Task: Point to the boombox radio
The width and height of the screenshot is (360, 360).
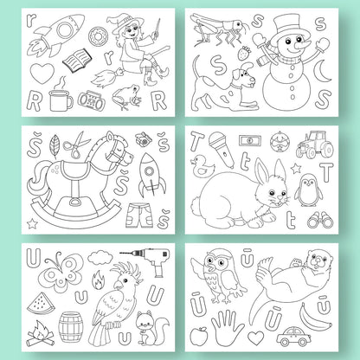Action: tap(91, 100)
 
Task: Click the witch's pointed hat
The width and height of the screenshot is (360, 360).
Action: tap(119, 22)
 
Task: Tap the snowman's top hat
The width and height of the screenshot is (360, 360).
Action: tap(287, 26)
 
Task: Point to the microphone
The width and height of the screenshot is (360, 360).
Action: tap(222, 149)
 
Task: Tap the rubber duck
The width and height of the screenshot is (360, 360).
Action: tap(203, 166)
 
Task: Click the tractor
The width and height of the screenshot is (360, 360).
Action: tap(315, 145)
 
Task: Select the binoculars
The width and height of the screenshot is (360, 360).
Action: tap(320, 220)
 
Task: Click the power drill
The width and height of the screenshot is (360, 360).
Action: tap(149, 260)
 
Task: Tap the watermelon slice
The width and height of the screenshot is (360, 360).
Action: tap(42, 303)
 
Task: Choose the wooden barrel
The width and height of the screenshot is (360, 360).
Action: tap(71, 327)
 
